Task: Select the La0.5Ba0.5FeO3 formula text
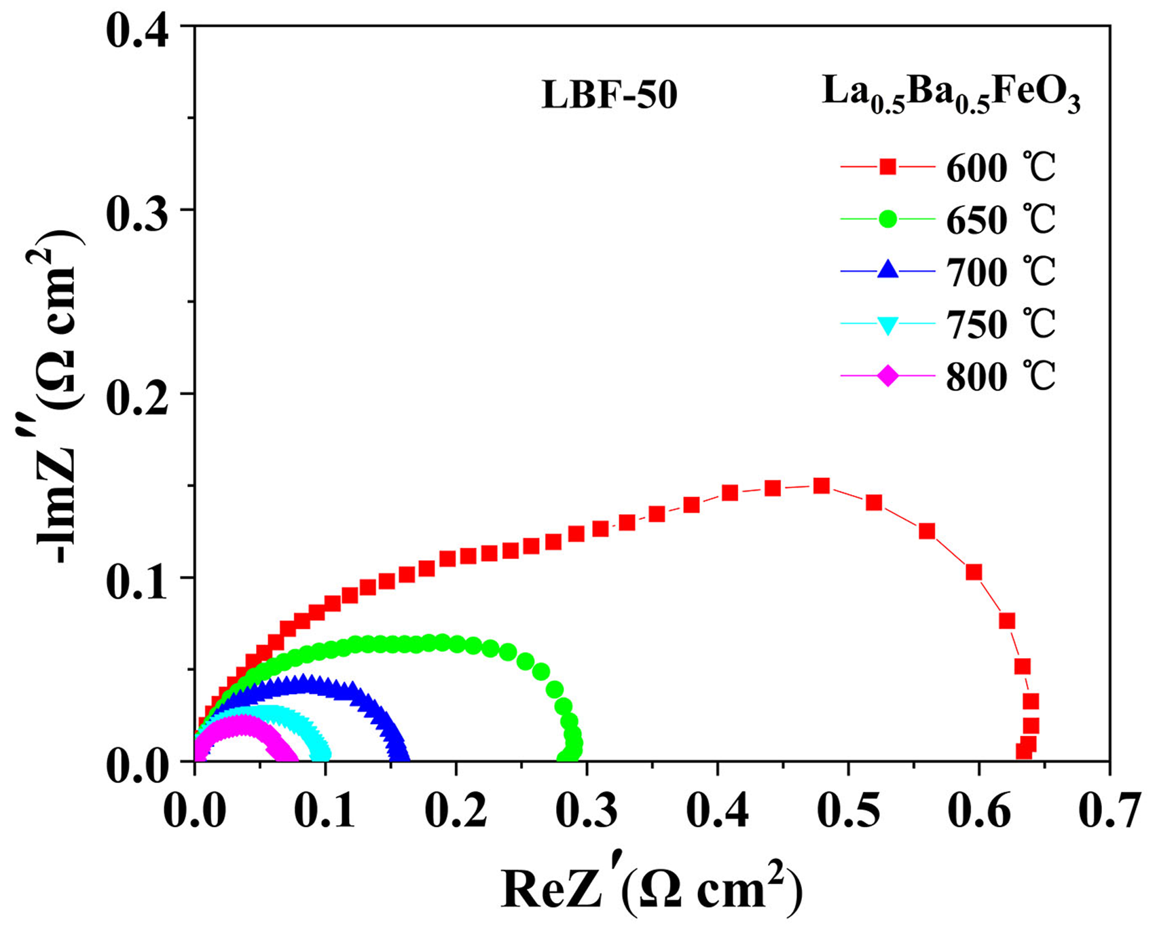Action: [x=951, y=94]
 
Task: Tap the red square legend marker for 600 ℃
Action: [x=887, y=167]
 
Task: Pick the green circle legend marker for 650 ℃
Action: [x=887, y=219]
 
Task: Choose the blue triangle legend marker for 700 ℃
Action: [x=887, y=271]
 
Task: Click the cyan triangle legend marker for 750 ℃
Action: [x=887, y=324]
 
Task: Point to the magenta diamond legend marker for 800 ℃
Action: [x=887, y=376]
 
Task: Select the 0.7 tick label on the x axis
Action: [x=1110, y=811]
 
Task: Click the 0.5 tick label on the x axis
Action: [x=847, y=811]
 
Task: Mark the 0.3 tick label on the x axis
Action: [x=587, y=811]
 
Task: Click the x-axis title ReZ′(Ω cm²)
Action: [x=652, y=888]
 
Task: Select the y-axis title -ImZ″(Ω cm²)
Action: [x=62, y=394]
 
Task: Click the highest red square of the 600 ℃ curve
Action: [x=822, y=486]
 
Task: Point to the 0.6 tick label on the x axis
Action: [x=978, y=811]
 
